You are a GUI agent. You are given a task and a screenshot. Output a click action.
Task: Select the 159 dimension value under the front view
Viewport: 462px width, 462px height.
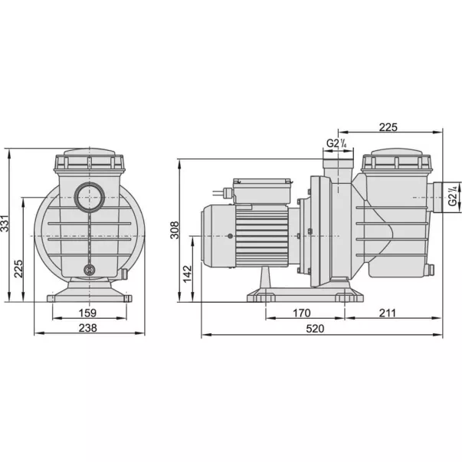coord(88,313)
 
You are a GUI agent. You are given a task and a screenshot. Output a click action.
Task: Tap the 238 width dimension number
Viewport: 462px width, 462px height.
coord(88,328)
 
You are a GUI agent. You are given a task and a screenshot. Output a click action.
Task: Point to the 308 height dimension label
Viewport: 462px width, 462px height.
coord(175,230)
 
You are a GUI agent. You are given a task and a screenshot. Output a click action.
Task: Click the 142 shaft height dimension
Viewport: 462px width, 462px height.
coord(188,274)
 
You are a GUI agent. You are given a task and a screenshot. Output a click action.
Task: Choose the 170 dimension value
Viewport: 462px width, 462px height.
coord(301,313)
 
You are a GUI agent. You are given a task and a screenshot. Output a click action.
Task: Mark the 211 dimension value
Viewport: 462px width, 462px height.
coord(388,313)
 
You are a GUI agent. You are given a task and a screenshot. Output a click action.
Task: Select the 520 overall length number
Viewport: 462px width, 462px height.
coord(315,329)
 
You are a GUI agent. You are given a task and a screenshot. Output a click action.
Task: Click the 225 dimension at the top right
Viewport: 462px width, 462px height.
coord(388,127)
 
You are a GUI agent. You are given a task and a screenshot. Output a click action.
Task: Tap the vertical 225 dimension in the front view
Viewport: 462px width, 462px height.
coord(18,268)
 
